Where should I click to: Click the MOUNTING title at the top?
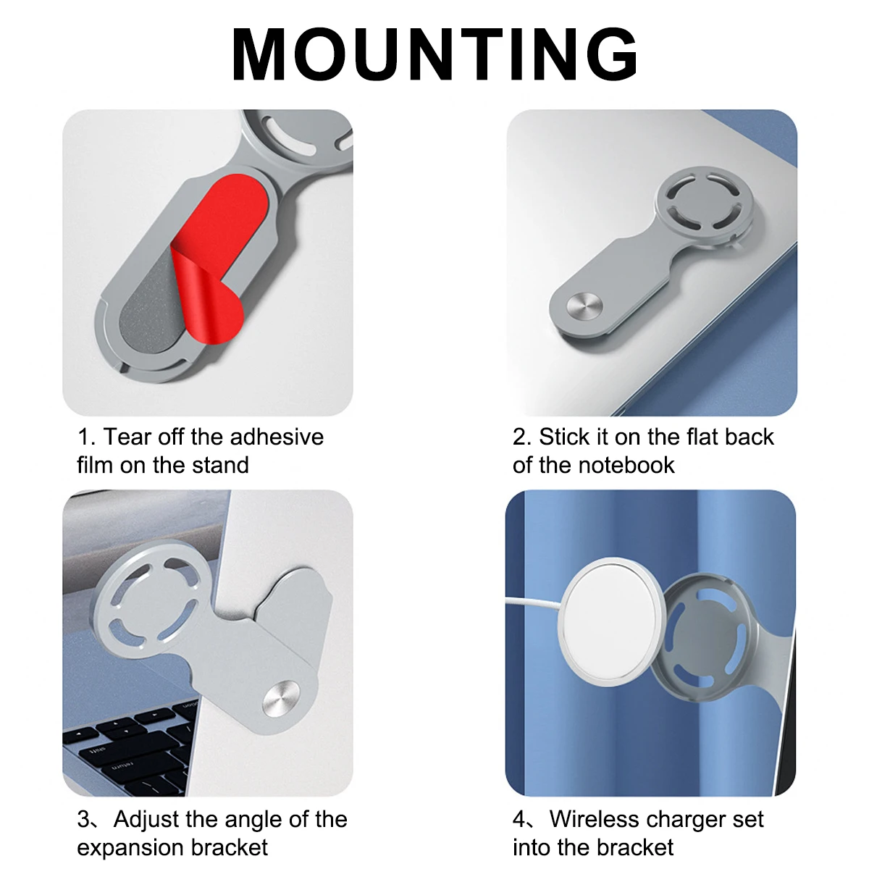pos(434,54)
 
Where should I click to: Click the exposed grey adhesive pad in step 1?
pos(149,306)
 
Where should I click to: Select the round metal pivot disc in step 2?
pos(584,306)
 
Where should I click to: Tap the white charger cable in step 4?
pos(532,602)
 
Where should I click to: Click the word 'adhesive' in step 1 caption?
pos(277,437)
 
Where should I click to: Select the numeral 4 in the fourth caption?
pos(519,819)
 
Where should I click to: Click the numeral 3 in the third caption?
pos(83,819)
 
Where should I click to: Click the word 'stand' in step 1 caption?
pos(220,465)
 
